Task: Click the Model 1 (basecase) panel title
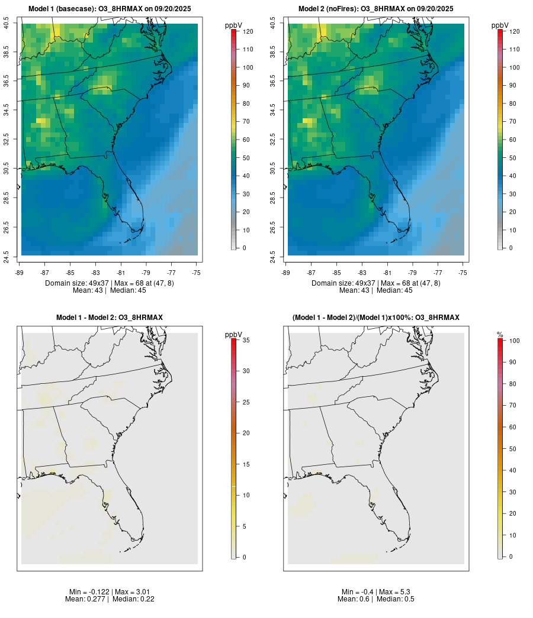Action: (110, 9)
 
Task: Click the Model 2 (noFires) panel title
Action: (376, 9)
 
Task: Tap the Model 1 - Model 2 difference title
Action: (110, 318)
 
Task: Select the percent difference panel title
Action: (376, 318)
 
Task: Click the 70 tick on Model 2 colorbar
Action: (513, 121)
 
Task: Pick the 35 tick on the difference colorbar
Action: (245, 340)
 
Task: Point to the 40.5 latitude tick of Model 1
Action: (7, 24)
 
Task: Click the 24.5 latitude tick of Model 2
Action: (273, 255)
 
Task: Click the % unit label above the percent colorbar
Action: (500, 335)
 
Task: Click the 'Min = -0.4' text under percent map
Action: (358, 592)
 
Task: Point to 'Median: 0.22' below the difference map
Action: (126, 599)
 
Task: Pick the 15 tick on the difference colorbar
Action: (245, 464)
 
